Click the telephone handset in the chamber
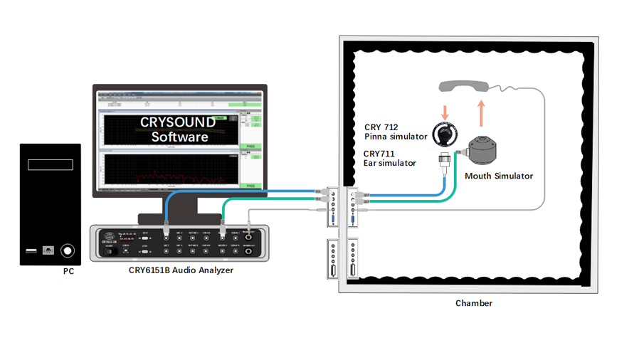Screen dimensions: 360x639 (x=464, y=86)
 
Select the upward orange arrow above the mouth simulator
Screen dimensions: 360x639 (x=481, y=112)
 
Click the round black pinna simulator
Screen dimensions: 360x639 (x=447, y=134)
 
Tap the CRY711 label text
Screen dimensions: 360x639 (x=378, y=153)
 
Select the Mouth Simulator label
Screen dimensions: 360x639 (x=498, y=176)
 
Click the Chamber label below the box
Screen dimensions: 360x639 (x=473, y=303)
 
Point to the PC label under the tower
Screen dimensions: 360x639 (x=68, y=271)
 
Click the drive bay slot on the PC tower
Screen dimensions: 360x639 (x=51, y=164)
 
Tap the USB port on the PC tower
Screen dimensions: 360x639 (x=30, y=250)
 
